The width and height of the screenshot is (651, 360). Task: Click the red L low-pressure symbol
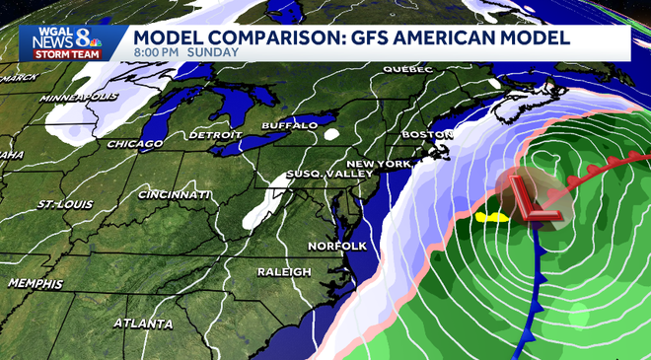click(536, 201)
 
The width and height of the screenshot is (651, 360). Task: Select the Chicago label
click(136, 144)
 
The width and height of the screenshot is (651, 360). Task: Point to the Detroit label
click(216, 134)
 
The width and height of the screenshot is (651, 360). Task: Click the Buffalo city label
click(289, 125)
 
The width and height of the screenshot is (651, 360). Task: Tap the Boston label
click(426, 134)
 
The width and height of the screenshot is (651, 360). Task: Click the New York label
click(379, 163)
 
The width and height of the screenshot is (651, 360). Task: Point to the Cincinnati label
click(173, 195)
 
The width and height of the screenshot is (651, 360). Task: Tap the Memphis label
click(36, 283)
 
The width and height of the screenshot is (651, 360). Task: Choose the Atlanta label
click(143, 324)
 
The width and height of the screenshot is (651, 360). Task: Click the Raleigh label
click(284, 271)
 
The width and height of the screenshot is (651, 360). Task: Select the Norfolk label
click(337, 245)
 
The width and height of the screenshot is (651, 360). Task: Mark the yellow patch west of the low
click(488, 215)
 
